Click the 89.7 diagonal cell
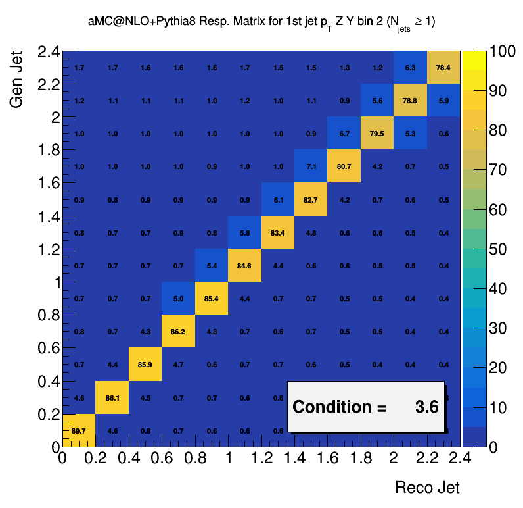80,430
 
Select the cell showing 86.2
178,332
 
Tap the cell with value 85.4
211,299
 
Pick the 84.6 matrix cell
244,266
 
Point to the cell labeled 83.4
277,232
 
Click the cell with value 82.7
311,199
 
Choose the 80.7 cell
344,166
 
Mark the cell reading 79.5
377,134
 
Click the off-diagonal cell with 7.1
311,166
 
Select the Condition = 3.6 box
366,407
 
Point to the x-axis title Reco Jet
427,488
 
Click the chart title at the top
261,22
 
